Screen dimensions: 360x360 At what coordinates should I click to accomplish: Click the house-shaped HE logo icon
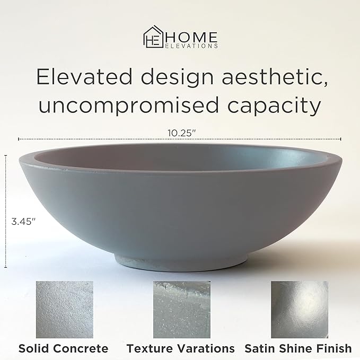point(152,39)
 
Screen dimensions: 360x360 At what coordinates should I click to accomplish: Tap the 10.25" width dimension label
point(180,133)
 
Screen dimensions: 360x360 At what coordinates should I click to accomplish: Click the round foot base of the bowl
point(180,259)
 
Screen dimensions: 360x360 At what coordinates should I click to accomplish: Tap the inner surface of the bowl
point(180,157)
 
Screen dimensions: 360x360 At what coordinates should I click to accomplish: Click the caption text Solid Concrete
point(63,348)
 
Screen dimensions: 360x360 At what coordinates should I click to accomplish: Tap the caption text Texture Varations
point(180,348)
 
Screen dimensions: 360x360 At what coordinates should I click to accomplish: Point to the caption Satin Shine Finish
point(298,348)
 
